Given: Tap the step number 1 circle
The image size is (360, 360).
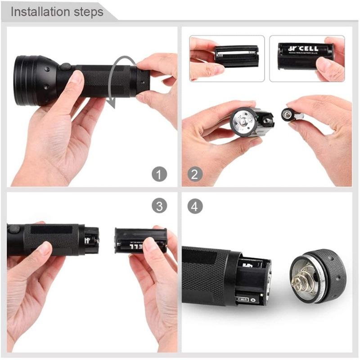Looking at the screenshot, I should [x=159, y=174].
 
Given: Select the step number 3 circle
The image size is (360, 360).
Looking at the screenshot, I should [x=159, y=206].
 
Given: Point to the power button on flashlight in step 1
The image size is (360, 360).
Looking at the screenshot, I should [x=66, y=67].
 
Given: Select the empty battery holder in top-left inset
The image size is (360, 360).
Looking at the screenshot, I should [x=236, y=55].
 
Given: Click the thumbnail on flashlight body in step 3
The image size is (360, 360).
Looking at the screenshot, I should [x=45, y=248].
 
